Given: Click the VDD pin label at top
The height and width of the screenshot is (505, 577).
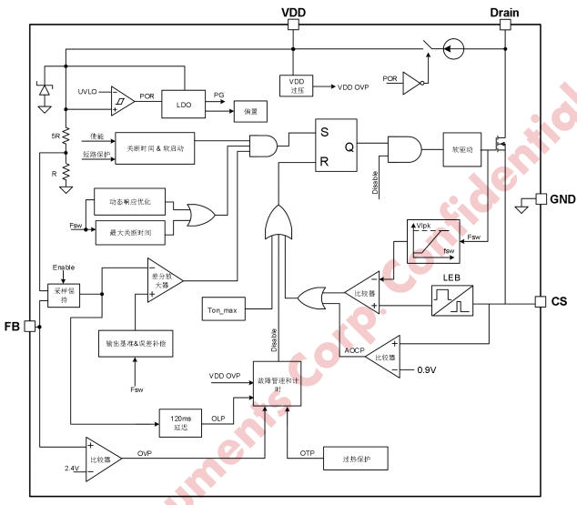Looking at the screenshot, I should coord(293,11).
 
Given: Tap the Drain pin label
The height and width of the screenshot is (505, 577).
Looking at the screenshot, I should coord(505,11).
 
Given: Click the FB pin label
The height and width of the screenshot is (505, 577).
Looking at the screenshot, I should coord(12,325).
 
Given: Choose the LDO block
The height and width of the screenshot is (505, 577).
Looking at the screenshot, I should coord(184,106).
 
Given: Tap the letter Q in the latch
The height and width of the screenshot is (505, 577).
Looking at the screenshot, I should coord(349,146).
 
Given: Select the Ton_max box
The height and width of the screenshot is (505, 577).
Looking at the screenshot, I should coord(223,310).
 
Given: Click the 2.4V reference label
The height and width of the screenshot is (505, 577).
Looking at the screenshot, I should coord(73,469).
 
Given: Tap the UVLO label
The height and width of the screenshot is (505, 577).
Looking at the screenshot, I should coord(87,92).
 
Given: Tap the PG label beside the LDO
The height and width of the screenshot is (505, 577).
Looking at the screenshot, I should coord(218,94).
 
